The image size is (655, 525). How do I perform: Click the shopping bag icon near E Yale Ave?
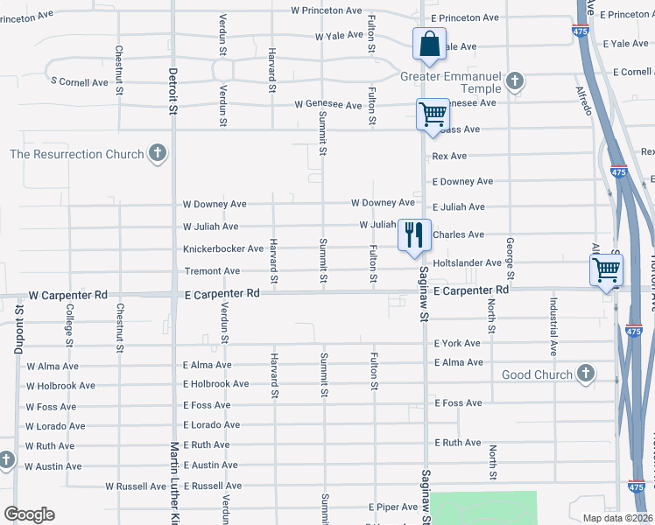[x=429, y=44]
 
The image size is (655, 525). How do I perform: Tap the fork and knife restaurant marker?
[x=412, y=234]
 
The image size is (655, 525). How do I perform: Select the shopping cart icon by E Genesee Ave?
[x=433, y=114]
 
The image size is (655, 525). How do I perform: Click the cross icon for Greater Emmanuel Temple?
[x=515, y=82]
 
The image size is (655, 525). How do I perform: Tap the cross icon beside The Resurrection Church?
[x=158, y=155]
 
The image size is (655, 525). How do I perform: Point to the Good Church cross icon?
[x=586, y=374]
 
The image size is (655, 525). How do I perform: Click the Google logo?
[x=29, y=514]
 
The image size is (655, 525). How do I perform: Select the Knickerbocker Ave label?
[x=222, y=248]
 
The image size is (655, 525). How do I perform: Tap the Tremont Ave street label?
[x=211, y=271]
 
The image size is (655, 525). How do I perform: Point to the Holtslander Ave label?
[x=467, y=262]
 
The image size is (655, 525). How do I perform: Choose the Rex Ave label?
[x=449, y=156]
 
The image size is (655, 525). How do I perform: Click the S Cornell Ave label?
[x=79, y=82]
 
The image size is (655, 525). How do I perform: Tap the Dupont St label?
[x=18, y=330]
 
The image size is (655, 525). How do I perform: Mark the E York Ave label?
[x=457, y=343]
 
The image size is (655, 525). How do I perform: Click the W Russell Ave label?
[x=136, y=486]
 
